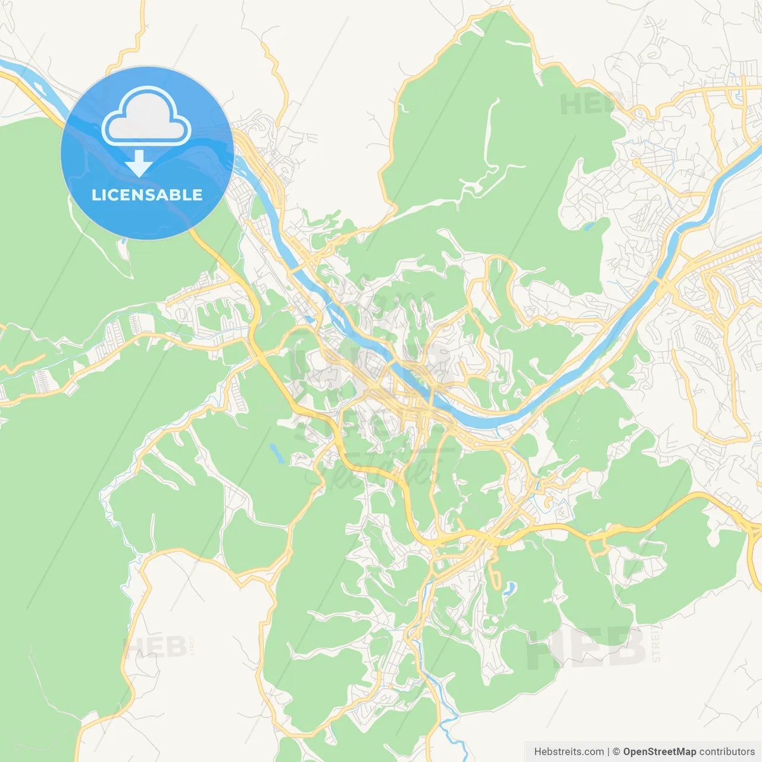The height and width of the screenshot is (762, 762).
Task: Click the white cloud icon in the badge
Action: (x=146, y=116)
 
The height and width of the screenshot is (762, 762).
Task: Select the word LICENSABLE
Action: (x=147, y=195)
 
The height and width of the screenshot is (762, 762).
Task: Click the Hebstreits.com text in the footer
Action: (x=569, y=751)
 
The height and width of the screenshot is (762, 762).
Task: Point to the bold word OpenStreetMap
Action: (x=659, y=751)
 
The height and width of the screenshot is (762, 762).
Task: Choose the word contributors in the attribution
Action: (x=727, y=751)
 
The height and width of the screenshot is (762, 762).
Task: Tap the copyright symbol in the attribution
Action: (x=616, y=751)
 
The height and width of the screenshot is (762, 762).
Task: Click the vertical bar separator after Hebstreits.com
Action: (x=608, y=751)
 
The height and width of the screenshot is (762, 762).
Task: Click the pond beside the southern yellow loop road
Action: (x=507, y=589)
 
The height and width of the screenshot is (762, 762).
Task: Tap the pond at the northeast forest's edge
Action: (x=589, y=226)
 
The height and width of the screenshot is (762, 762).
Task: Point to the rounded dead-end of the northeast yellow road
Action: (x=636, y=161)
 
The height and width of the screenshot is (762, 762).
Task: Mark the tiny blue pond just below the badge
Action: (x=123, y=242)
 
